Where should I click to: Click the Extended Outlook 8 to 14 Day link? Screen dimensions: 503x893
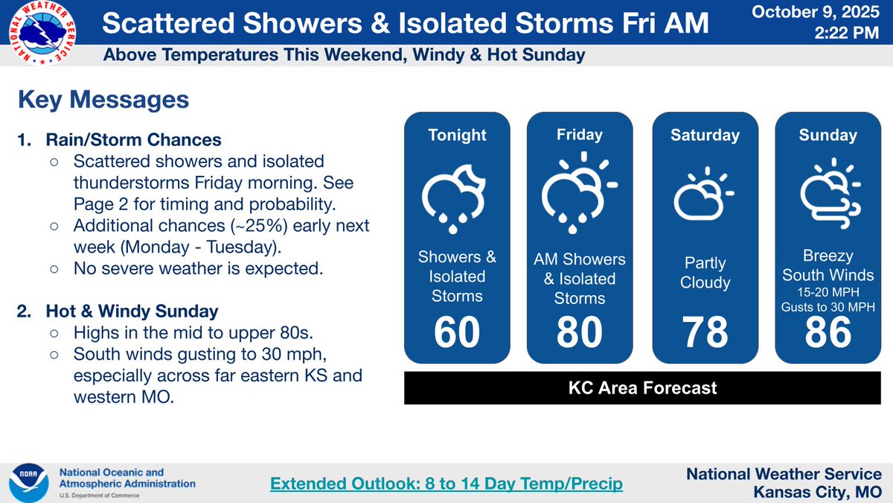(446, 484)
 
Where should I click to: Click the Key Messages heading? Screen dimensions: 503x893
(103, 100)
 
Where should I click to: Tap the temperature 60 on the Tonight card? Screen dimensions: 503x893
(457, 332)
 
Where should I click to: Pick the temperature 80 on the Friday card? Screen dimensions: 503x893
(580, 332)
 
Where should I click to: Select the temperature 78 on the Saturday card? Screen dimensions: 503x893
(705, 332)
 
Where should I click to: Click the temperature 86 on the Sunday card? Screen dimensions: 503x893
(828, 332)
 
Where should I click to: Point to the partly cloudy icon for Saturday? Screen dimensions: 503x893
(703, 195)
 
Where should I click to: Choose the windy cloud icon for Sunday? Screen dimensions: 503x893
(829, 193)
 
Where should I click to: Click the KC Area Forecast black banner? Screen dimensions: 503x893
(643, 387)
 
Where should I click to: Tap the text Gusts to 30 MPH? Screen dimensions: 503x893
(828, 306)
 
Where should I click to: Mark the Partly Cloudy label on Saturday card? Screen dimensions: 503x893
(705, 273)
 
